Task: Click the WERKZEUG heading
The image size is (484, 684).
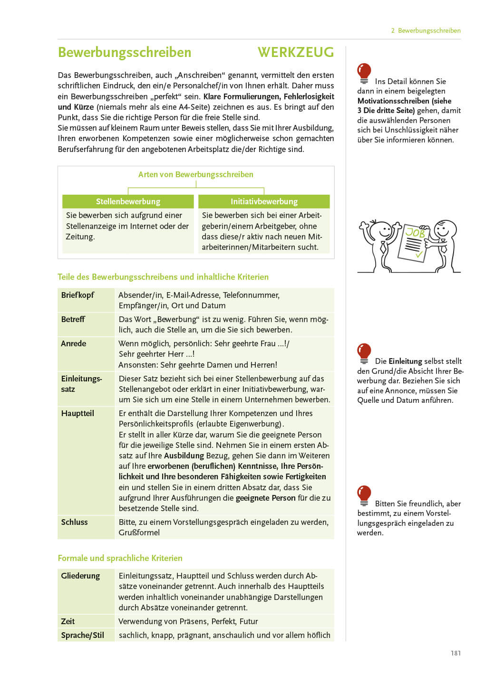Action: (x=296, y=52)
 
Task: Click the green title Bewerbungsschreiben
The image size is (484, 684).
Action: (x=125, y=52)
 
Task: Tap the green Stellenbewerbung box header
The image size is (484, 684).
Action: (x=128, y=201)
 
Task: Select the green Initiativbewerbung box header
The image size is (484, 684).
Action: (x=264, y=201)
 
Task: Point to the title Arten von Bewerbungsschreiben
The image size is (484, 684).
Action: (x=195, y=174)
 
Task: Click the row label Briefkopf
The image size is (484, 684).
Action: (x=77, y=295)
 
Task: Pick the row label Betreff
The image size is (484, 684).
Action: (x=73, y=319)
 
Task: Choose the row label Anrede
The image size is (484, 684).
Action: (x=73, y=343)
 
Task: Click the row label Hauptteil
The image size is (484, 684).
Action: (x=77, y=413)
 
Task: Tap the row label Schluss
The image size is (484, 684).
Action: (x=74, y=522)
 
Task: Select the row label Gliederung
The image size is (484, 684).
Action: (x=80, y=576)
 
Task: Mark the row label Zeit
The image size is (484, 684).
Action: (x=68, y=621)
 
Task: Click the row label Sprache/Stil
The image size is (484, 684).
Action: (x=82, y=635)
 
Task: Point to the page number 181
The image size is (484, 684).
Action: (x=455, y=653)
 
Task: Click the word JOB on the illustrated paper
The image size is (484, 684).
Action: (x=415, y=233)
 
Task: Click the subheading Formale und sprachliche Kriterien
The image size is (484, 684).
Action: (x=120, y=558)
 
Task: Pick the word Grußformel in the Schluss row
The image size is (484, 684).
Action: (x=139, y=532)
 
